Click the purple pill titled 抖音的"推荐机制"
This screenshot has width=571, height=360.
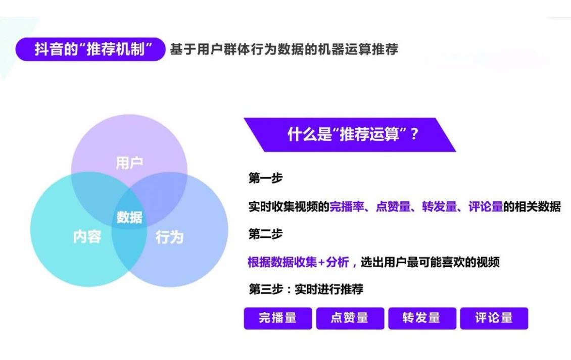[90, 49]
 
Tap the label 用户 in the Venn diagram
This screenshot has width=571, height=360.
[129, 163]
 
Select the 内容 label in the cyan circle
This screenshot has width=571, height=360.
[87, 237]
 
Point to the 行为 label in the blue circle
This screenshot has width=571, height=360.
[169, 237]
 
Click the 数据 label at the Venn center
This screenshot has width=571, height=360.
[129, 217]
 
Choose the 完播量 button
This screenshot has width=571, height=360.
[278, 318]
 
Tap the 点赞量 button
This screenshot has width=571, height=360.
[350, 318]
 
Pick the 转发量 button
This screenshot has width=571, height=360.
[422, 318]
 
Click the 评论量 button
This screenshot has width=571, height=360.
[494, 318]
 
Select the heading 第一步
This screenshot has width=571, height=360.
[265, 178]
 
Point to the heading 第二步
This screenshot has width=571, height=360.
[265, 234]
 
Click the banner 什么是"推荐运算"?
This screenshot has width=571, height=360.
[350, 134]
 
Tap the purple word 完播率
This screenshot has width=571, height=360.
[347, 207]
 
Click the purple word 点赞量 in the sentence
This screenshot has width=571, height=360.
[393, 207]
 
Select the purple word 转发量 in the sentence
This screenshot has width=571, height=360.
[440, 207]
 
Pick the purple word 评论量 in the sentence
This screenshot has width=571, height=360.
[486, 207]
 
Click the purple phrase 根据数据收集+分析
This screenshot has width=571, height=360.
[298, 262]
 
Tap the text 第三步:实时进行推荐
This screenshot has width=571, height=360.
[306, 289]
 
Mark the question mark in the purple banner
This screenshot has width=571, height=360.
[414, 134]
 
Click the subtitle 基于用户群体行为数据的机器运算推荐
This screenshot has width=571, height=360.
[284, 49]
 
